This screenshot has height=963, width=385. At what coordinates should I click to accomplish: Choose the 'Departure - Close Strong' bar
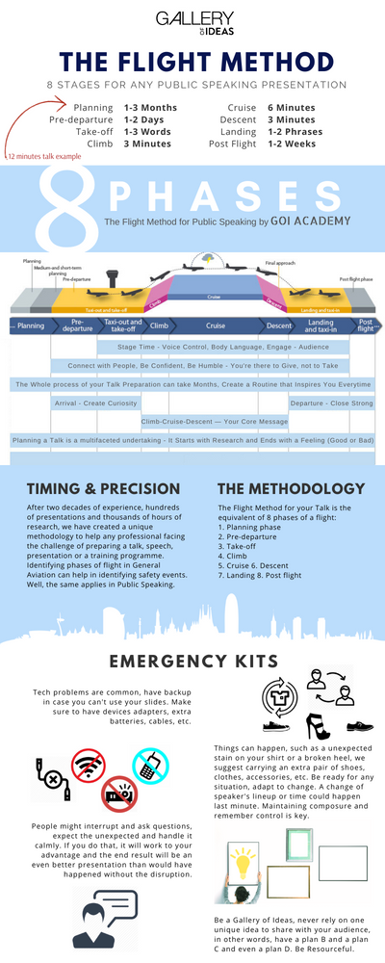tap(331, 403)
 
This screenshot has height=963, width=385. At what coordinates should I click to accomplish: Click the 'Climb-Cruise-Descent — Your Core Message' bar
tap(214, 421)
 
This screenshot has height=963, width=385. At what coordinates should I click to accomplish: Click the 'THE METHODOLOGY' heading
tap(292, 488)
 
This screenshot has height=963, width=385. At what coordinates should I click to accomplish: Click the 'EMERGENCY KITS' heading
tap(192, 661)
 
